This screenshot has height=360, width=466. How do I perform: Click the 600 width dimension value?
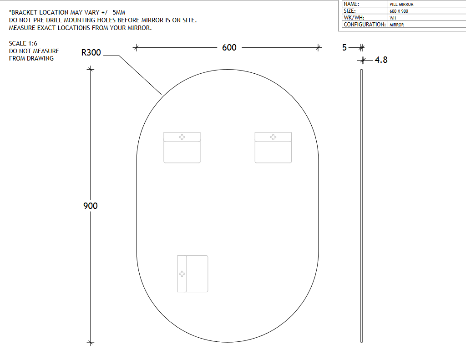pyautogui.click(x=229, y=48)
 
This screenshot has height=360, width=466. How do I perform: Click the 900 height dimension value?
pyautogui.click(x=91, y=206)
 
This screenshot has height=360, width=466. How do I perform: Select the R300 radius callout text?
pyautogui.click(x=91, y=53)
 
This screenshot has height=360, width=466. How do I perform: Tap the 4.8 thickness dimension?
pyautogui.click(x=381, y=60)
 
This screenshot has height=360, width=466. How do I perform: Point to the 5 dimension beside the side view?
pyautogui.click(x=344, y=48)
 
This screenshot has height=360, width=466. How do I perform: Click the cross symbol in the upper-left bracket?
pyautogui.click(x=182, y=137)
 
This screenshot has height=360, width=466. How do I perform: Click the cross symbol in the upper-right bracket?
pyautogui.click(x=273, y=137)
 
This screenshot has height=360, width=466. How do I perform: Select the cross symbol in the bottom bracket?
pyautogui.click(x=182, y=274)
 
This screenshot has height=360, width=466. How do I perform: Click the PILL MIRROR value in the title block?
pyautogui.click(x=401, y=5)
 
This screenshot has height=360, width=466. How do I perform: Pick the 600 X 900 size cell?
pyautogui.click(x=399, y=11)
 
